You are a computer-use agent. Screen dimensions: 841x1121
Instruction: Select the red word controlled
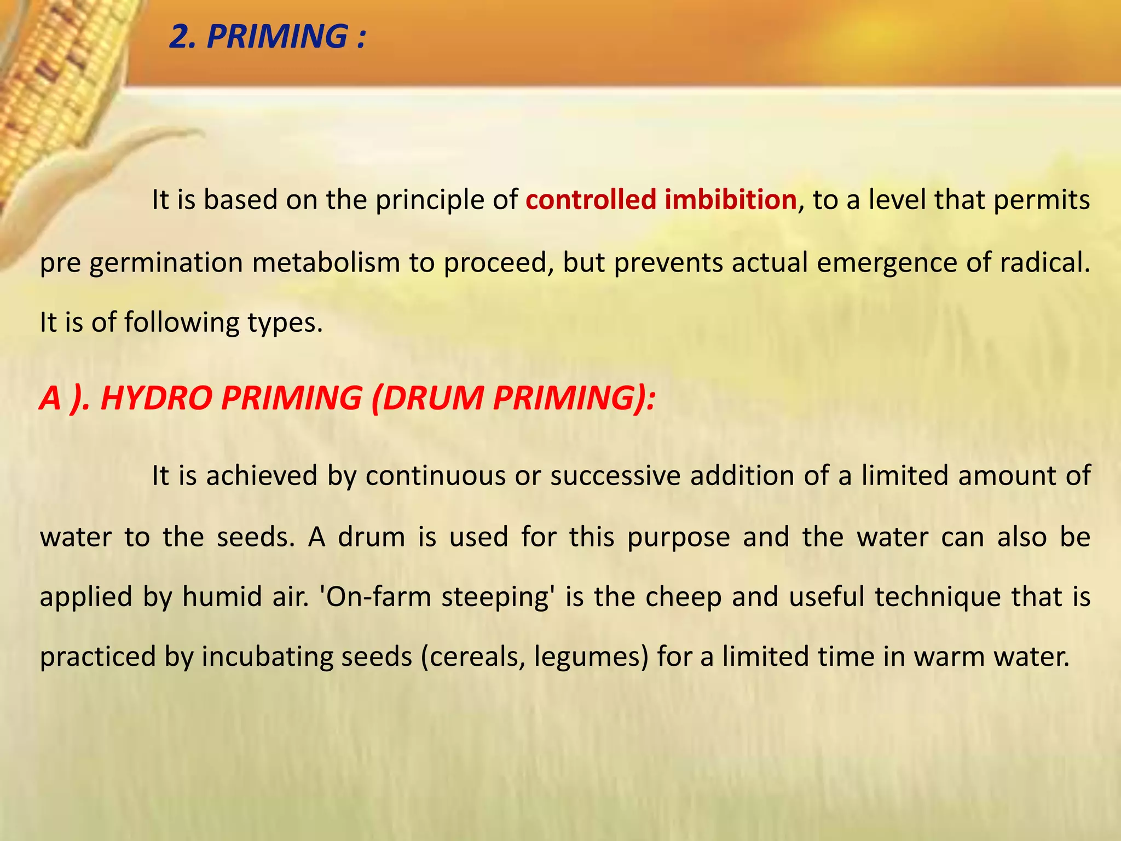click(x=591, y=200)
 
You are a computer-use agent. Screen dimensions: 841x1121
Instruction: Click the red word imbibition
click(x=730, y=200)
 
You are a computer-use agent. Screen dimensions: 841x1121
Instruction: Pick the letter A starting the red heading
click(x=50, y=398)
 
